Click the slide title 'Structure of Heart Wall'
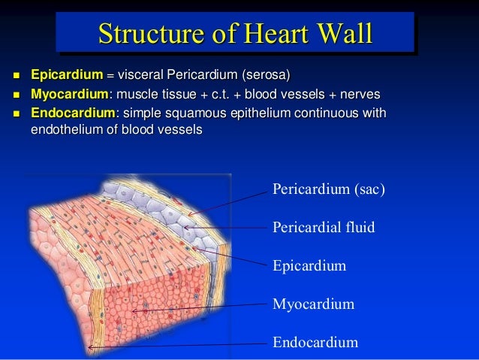(x=235, y=34)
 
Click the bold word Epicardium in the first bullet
(x=66, y=75)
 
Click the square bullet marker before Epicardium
(x=15, y=75)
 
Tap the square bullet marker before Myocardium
(x=15, y=95)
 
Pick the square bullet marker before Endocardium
(x=15, y=113)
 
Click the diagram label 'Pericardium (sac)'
(x=328, y=189)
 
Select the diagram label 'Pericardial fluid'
(x=323, y=227)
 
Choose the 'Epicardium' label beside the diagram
(x=309, y=266)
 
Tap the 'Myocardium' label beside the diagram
(x=312, y=305)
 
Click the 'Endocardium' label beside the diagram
(x=315, y=343)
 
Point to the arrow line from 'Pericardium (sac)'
(x=233, y=201)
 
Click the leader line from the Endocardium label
(x=180, y=346)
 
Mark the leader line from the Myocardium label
(x=203, y=308)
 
